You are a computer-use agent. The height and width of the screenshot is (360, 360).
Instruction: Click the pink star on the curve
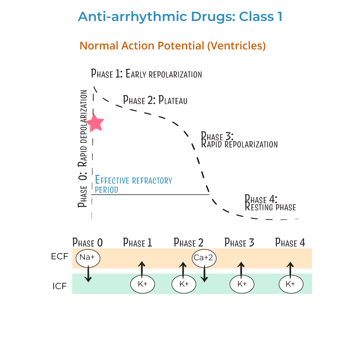pos(96,123)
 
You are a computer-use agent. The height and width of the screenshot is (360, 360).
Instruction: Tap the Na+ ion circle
pos(87,258)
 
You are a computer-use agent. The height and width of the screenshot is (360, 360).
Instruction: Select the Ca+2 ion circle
pos(204,258)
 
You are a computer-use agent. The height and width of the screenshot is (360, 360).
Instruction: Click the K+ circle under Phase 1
pos(143,284)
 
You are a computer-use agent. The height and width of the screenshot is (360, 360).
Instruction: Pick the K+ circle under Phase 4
pos(290,284)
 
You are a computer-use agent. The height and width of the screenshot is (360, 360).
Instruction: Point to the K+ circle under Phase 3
pos(242,284)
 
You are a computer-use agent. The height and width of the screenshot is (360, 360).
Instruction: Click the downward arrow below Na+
pos(88,274)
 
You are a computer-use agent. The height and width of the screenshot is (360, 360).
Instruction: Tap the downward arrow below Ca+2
pos(204,274)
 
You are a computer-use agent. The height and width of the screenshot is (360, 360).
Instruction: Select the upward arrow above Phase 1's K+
pos(141,269)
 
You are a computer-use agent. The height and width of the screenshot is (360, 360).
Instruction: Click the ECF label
pos(60,256)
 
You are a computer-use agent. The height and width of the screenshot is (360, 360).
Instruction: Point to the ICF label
pos(59,286)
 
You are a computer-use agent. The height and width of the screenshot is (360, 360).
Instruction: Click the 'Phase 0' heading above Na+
pos(88,242)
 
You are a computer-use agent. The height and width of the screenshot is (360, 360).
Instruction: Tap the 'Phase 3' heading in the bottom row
pos(239,242)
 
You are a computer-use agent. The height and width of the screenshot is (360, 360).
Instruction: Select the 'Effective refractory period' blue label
pos(133,184)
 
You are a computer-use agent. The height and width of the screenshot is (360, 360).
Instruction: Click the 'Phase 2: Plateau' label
pos(155,100)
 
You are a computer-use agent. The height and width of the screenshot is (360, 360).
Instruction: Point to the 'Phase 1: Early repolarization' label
pos(146,74)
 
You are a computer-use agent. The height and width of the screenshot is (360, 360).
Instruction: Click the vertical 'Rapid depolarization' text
pos(83,128)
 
